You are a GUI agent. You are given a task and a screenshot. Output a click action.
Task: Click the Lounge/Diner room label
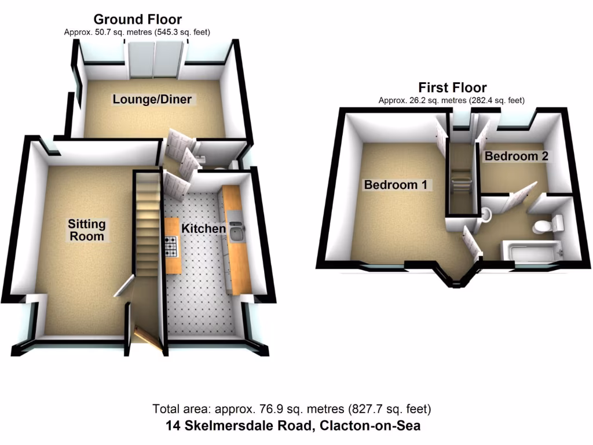pyautogui.click(x=152, y=99)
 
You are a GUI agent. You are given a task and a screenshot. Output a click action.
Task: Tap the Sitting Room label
pyautogui.click(x=87, y=230)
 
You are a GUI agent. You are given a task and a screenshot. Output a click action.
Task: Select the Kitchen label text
pyautogui.click(x=203, y=229)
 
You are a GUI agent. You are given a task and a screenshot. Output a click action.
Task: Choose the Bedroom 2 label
pyautogui.click(x=516, y=156)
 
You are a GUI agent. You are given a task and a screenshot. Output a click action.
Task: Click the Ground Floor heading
pyautogui.click(x=137, y=20)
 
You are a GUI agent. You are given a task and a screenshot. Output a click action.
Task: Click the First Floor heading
pyautogui.click(x=452, y=88)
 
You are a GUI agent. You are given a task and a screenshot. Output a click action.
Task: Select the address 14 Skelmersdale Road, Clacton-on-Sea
pyautogui.click(x=293, y=426)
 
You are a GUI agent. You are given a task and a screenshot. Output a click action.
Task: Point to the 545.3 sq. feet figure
pyautogui.click(x=170, y=32)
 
